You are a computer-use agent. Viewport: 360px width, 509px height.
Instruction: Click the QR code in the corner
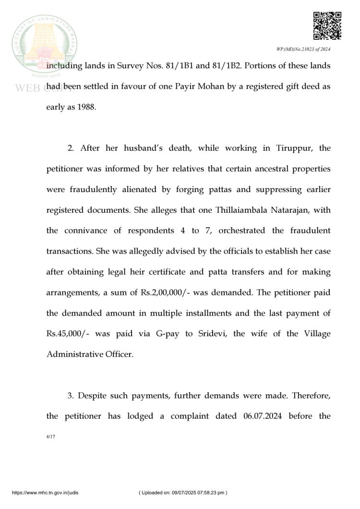click(x=327, y=26)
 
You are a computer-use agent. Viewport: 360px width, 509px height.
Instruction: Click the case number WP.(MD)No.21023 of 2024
click(x=303, y=49)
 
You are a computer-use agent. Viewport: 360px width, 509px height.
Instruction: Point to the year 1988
click(x=86, y=107)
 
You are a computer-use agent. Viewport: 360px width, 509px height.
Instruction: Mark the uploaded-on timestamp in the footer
click(x=183, y=493)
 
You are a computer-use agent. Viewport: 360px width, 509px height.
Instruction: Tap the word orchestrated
click(x=250, y=230)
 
